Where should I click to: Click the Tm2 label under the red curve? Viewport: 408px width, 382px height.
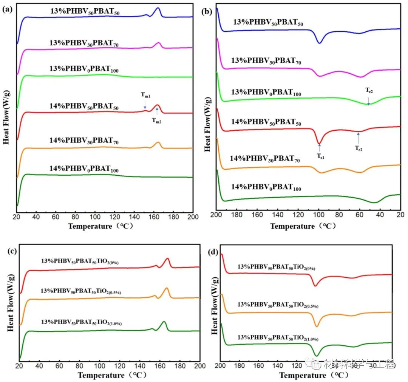click(157, 121)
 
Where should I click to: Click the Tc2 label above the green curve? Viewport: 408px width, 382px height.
click(369, 90)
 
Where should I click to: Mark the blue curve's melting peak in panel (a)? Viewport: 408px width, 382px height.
click(158, 8)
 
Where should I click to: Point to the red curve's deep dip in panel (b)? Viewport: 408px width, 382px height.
click(320, 144)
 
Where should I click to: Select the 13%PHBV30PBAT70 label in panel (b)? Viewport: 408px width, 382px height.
click(266, 60)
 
